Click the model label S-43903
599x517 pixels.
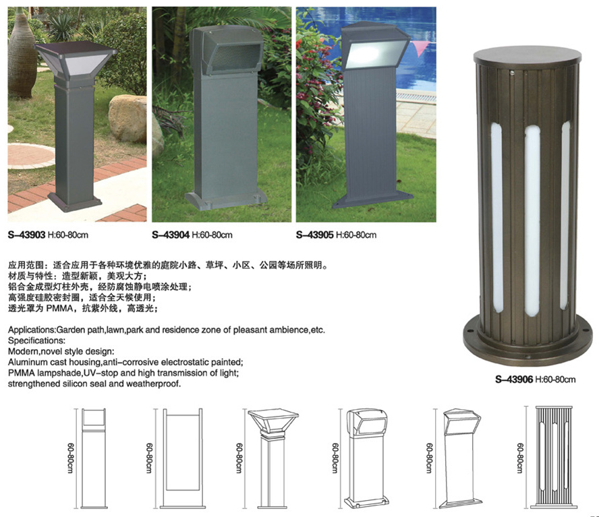click(x=27, y=235)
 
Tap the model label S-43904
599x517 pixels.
click(x=171, y=235)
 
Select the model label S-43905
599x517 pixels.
click(x=315, y=235)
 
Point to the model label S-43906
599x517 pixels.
click(x=514, y=379)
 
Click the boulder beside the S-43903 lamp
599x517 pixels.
click(x=127, y=119)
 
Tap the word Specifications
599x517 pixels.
click(x=36, y=340)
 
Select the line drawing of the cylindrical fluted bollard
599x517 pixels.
click(x=554, y=458)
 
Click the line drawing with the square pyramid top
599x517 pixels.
click(x=273, y=458)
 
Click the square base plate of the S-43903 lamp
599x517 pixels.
click(x=75, y=203)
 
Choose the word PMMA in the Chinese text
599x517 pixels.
click(x=59, y=308)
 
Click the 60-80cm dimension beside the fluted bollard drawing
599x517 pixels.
click(x=520, y=458)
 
